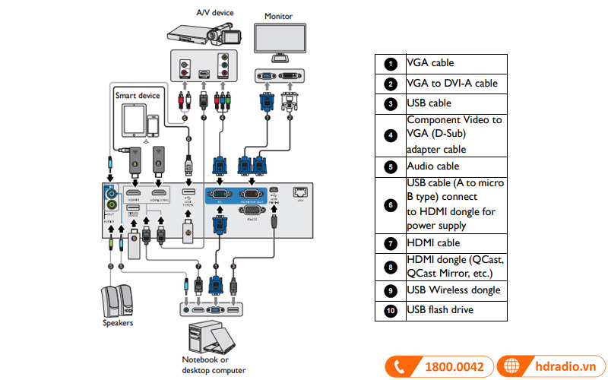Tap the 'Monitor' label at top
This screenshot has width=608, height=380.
click(278, 16)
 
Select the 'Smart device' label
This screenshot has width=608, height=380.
click(138, 96)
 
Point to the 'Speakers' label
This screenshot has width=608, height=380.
click(118, 323)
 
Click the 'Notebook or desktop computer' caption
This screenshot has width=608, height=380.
click(214, 365)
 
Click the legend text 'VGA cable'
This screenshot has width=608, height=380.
click(430, 63)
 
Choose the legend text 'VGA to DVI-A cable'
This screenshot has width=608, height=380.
click(451, 84)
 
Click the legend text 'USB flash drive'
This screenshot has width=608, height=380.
click(439, 310)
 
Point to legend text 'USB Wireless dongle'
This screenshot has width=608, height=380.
click(453, 290)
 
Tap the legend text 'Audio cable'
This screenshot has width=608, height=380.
click(433, 166)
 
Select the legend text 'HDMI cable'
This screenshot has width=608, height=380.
click(433, 243)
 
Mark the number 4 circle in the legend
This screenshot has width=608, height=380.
click(391, 135)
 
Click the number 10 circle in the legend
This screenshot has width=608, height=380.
click(391, 310)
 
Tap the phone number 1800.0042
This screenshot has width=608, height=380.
click(454, 366)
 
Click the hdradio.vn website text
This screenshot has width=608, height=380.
click(563, 366)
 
